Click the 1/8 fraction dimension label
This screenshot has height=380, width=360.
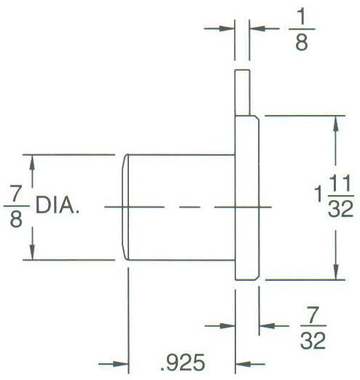pos(302,29)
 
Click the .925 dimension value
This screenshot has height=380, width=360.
pos(183,363)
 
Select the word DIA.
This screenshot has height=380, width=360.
pos(58,205)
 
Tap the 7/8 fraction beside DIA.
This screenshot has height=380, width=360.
pos(16,206)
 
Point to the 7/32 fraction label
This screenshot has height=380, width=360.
pos(313,328)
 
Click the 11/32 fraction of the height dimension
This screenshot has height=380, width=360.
pos(340,196)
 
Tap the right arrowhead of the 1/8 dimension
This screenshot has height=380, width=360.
pos(257,28)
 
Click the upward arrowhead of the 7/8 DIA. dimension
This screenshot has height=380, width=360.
pos(32,162)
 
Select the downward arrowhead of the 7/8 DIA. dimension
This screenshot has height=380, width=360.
pos(32,252)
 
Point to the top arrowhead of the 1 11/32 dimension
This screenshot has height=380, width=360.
pos(336,124)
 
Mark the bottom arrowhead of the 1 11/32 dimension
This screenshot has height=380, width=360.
pos(336,272)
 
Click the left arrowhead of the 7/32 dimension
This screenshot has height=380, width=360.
pos(227,325)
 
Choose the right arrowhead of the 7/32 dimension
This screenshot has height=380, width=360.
pos(267,325)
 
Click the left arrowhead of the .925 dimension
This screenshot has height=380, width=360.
pos(120,364)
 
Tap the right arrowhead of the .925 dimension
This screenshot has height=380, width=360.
pos(243,364)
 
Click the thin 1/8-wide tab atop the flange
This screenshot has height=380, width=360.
pos(242,92)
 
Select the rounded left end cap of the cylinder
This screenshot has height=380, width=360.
pos(125,207)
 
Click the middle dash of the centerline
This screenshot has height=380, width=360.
pos(189,207)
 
